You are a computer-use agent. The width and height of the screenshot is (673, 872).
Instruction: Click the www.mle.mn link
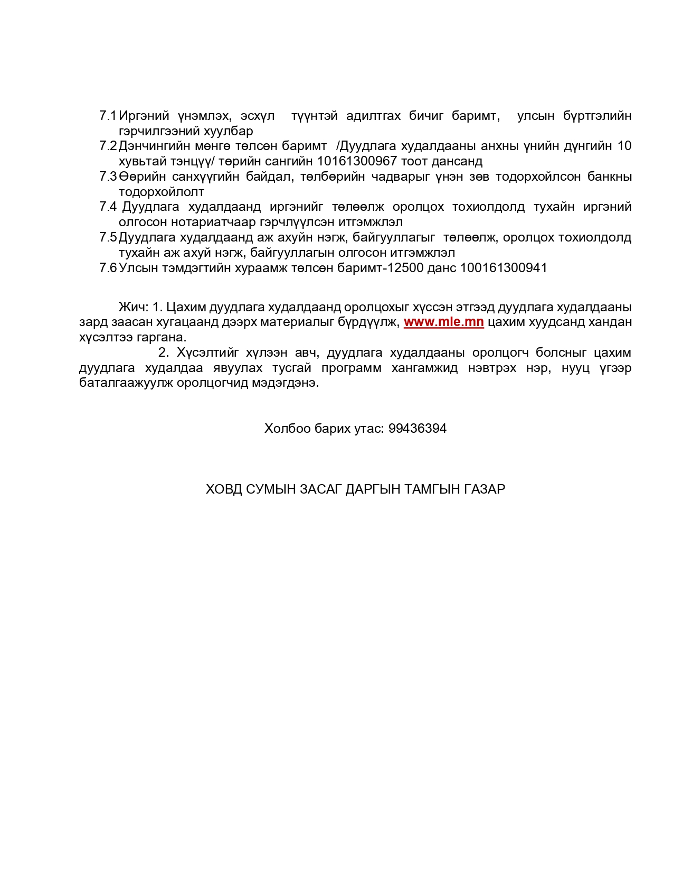click(x=443, y=322)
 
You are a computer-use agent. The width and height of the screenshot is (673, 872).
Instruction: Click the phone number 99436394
click(x=417, y=428)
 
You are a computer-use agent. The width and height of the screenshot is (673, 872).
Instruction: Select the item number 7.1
click(x=108, y=116)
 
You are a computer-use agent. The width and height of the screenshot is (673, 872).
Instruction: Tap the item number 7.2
click(x=108, y=146)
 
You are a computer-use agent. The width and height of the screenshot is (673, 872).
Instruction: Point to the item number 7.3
click(x=108, y=177)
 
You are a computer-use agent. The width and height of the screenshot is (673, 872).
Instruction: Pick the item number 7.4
click(x=108, y=207)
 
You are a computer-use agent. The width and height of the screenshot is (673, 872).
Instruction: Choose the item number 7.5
click(x=108, y=237)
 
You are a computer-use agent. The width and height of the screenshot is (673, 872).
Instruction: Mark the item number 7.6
click(x=108, y=268)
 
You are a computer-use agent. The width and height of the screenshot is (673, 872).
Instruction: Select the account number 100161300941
click(x=504, y=268)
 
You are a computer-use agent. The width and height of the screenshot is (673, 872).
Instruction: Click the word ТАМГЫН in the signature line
click(x=432, y=489)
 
